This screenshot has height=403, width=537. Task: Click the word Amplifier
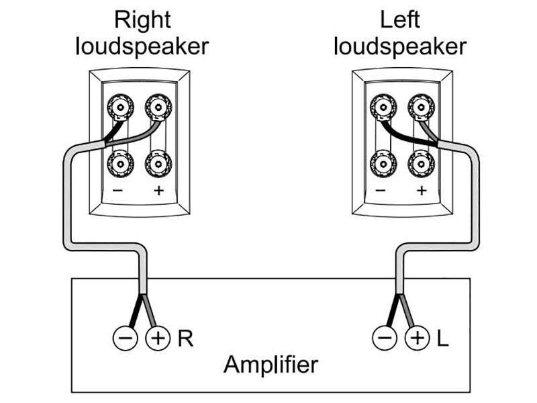[271, 366]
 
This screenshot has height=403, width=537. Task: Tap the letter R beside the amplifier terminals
[185, 338]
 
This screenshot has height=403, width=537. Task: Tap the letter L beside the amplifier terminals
[442, 338]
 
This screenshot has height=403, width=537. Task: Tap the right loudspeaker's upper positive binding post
[158, 106]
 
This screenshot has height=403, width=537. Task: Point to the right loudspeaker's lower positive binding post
[158, 163]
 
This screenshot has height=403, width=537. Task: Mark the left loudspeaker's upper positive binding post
[420, 106]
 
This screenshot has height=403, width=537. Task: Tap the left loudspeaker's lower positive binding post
[420, 163]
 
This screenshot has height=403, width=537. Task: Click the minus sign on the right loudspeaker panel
[118, 190]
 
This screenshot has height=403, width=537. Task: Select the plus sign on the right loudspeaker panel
[158, 190]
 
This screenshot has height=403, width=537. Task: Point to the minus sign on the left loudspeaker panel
[381, 190]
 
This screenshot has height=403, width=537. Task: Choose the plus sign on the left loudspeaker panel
[421, 190]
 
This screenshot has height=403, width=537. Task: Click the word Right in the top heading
[142, 20]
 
